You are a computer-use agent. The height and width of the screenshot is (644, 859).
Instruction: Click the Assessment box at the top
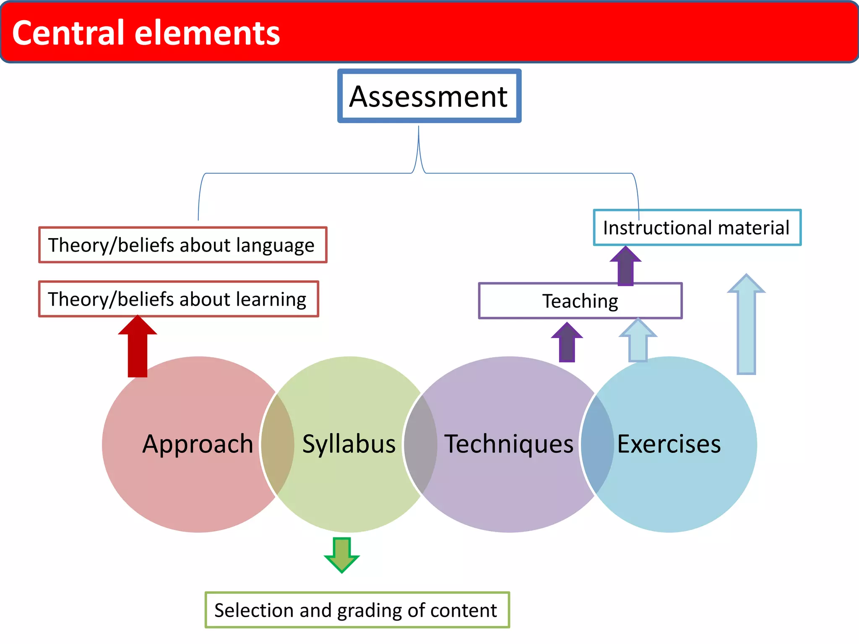[429, 96]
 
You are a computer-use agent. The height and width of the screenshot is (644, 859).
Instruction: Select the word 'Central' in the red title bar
[69, 33]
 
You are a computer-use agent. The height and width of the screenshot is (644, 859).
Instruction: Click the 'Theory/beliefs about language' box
[182, 245]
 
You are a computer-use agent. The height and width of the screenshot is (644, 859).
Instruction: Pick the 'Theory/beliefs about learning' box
[178, 299]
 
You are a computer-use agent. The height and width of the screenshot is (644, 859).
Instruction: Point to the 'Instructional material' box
[697, 228]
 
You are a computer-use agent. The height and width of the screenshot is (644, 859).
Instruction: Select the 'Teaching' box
[580, 301]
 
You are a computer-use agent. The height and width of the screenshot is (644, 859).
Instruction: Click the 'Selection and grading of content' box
[357, 610]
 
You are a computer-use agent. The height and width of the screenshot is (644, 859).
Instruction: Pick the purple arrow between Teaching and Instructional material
[625, 266]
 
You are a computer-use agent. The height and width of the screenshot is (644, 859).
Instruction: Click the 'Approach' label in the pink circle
[198, 444]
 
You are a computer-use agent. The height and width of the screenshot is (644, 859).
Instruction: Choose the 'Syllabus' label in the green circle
[349, 444]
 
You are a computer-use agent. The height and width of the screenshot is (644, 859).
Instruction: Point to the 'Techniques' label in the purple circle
[509, 444]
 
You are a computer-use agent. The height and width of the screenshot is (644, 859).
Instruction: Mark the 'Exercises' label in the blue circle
[669, 444]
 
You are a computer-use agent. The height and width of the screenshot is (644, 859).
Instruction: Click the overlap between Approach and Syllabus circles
[277, 444]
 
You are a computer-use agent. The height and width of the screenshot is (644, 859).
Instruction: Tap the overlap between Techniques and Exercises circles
[597, 444]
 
